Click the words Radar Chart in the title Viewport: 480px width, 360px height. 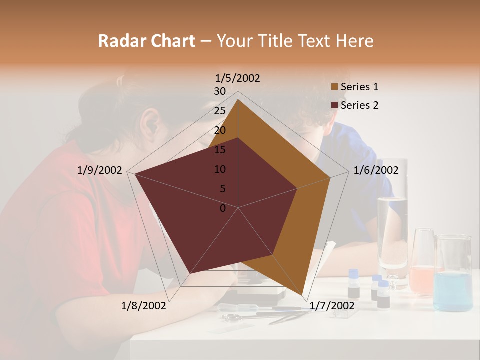[146, 41]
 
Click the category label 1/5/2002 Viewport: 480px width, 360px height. [238, 78]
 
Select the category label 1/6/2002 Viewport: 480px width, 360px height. [376, 170]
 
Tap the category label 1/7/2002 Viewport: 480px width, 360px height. [332, 306]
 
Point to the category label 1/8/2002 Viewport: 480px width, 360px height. [144, 306]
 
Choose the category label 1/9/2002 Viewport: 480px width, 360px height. [100, 170]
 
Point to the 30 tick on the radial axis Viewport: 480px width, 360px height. [220, 91]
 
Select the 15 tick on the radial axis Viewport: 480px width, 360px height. [220, 150]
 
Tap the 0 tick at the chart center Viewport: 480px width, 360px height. [223, 208]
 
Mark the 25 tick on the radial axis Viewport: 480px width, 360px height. [220, 111]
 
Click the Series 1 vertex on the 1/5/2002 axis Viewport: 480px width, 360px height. [238, 99]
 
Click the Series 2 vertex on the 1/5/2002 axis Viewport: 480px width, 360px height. [238, 138]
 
